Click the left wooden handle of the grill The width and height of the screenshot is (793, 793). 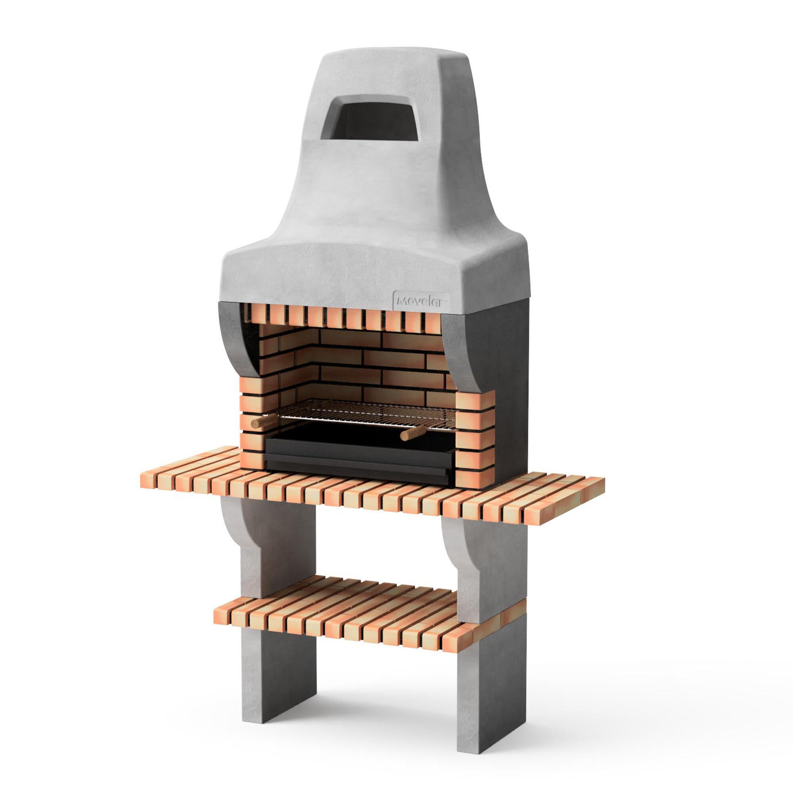(x=264, y=421)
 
